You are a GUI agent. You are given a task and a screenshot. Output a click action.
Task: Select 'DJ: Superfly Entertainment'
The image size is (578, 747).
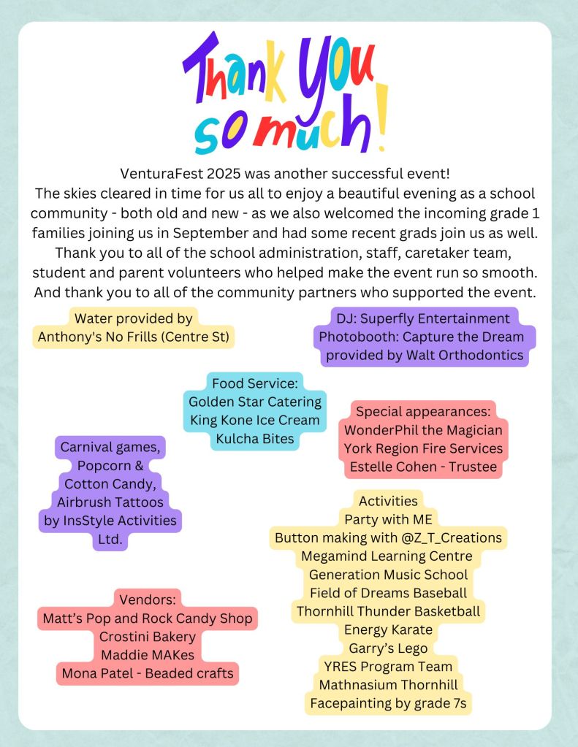pyautogui.click(x=423, y=318)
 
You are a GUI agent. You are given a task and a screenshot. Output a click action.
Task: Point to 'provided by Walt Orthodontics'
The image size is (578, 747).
pyautogui.click(x=425, y=356)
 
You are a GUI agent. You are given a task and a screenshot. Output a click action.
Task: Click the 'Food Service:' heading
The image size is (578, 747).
pyautogui.click(x=255, y=383)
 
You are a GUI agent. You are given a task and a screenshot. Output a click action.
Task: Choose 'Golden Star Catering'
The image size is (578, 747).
pyautogui.click(x=255, y=402)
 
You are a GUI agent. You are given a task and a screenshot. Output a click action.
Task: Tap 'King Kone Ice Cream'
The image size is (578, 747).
pyautogui.click(x=255, y=420)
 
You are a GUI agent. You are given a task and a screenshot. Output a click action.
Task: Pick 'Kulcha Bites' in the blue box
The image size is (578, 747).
pyautogui.click(x=255, y=439)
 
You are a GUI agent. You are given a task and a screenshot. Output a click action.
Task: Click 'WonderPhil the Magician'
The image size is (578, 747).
pyautogui.click(x=423, y=429)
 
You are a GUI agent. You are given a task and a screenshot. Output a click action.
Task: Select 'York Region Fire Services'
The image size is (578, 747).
pyautogui.click(x=423, y=448)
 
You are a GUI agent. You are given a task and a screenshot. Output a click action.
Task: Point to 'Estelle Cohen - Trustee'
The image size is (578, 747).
pyautogui.click(x=423, y=467)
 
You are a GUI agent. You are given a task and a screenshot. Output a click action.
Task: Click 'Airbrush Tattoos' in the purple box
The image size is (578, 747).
pyautogui.click(x=110, y=502)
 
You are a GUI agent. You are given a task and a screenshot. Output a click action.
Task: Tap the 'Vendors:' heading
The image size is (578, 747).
pyautogui.click(x=148, y=599)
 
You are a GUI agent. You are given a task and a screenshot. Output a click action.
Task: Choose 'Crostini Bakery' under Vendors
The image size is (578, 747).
pyautogui.click(x=148, y=636)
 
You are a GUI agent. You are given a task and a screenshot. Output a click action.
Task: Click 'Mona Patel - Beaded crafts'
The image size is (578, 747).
pyautogui.click(x=148, y=673)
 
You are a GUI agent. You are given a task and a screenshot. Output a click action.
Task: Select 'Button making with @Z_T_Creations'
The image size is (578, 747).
pyautogui.click(x=388, y=537)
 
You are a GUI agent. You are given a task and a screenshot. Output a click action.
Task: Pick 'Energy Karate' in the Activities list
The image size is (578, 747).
pyautogui.click(x=388, y=629)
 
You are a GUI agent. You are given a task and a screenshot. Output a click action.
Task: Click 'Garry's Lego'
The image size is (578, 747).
pyautogui.click(x=388, y=648)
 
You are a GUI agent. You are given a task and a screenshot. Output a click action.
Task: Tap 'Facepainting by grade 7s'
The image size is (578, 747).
pyautogui.click(x=388, y=704)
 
